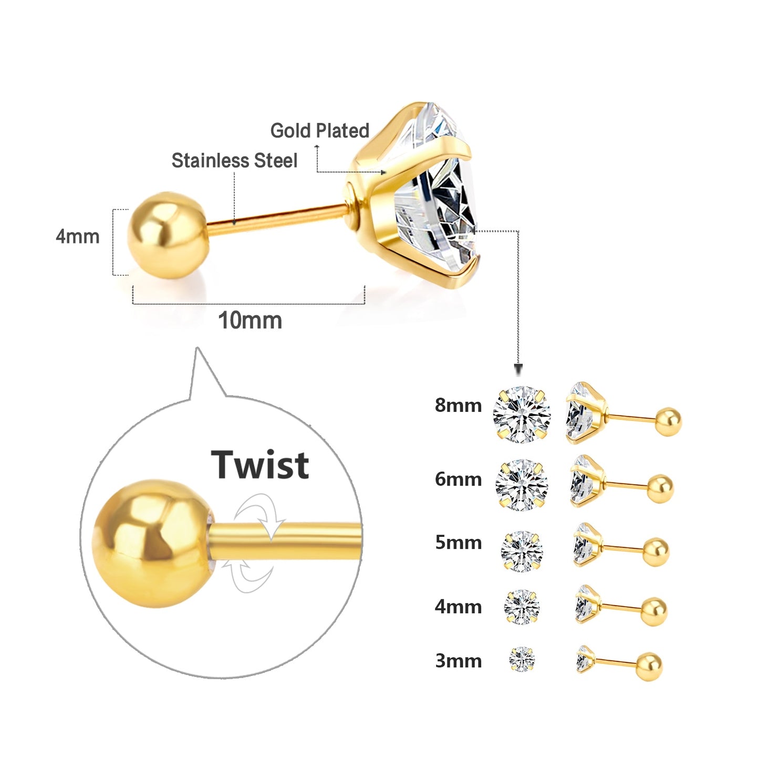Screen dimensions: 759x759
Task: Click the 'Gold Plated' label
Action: point(319,131)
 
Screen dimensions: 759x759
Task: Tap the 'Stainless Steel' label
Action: point(234,161)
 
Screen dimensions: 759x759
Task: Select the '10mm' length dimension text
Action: point(250,320)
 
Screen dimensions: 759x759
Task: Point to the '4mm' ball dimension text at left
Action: point(78,237)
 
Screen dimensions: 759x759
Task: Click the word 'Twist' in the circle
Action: point(260,465)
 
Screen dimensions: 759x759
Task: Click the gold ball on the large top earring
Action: point(167,235)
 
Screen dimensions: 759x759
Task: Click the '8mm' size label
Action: point(458,406)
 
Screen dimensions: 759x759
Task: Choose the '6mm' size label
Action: point(458,479)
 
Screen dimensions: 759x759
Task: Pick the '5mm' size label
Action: point(458,542)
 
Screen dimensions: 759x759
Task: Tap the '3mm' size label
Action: point(458,661)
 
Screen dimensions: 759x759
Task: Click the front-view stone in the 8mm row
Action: point(522,414)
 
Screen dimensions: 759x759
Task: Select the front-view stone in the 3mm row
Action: point(522,659)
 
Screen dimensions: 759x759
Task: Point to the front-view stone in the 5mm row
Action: point(522,551)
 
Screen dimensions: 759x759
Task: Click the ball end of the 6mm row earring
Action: point(660,488)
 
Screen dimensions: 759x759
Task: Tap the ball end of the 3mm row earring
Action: point(649,666)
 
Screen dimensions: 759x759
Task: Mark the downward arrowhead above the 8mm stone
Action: point(518,369)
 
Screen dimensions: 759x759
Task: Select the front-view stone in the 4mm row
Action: point(522,607)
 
